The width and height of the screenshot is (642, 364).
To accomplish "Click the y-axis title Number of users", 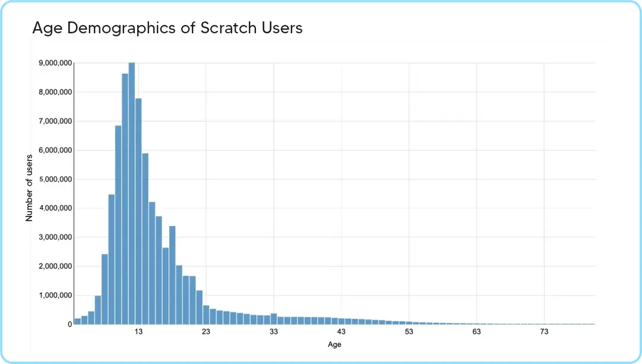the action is coord(29,188).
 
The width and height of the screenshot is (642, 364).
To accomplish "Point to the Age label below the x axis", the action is coord(334,344).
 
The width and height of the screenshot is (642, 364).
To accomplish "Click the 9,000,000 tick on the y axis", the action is coord(56,63).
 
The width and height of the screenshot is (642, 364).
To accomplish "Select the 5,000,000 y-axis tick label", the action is coord(56,179).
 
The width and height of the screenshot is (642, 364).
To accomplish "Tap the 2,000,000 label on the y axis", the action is coord(56,266).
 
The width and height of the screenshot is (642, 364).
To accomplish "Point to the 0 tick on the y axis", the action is coord(70,324).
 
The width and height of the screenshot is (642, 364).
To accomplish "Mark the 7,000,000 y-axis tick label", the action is coord(56,121).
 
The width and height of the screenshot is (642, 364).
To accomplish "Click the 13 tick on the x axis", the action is coord(138,332).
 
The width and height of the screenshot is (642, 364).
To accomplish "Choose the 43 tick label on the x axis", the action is coord(341,332).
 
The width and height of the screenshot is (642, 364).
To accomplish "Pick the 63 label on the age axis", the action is coord(476,332).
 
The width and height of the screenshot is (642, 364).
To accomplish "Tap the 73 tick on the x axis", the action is coord(544,332).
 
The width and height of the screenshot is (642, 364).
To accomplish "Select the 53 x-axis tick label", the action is coord(409,332).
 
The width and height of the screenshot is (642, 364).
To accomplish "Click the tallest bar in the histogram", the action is coord(132,193).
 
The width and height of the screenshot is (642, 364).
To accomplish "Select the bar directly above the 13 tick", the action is coord(138,211).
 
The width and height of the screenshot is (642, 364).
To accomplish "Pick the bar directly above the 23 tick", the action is coord(206,315).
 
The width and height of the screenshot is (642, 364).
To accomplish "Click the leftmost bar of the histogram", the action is coord(78,321).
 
